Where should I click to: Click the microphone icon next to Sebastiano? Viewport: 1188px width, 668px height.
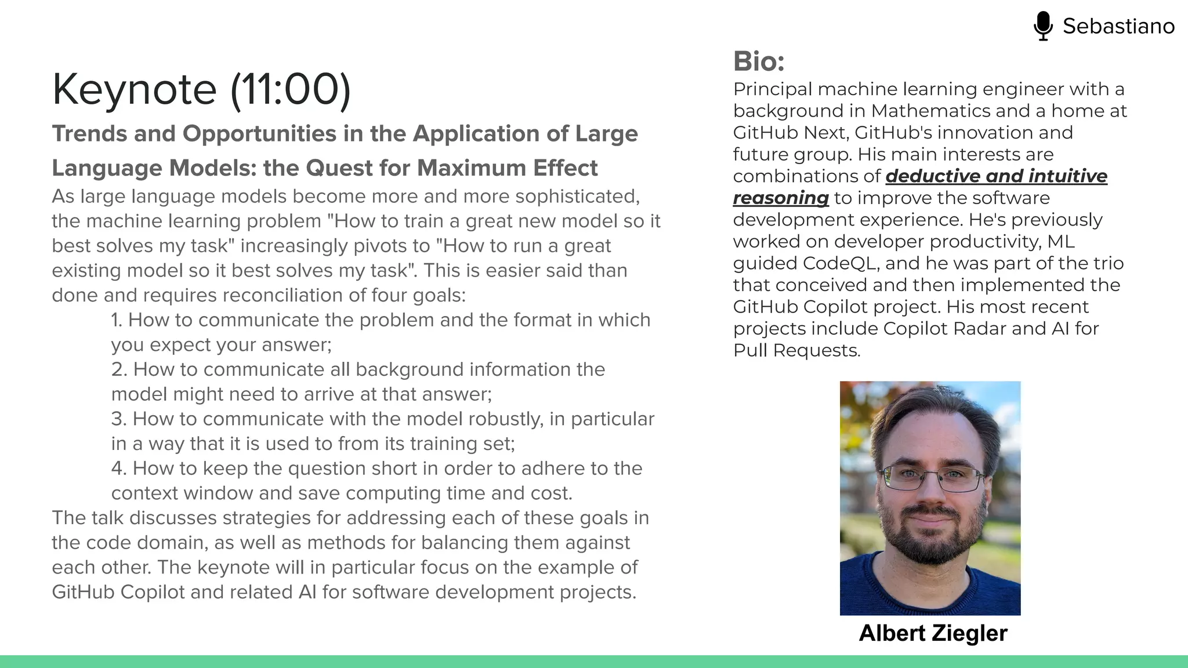click(1043, 26)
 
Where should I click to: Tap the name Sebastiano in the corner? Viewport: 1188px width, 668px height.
click(1118, 26)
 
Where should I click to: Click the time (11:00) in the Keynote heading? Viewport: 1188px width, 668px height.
click(291, 89)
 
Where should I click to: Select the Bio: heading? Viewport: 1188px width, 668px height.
click(759, 61)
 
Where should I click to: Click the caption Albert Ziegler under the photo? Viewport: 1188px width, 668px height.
click(933, 633)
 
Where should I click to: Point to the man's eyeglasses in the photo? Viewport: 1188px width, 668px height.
click(932, 478)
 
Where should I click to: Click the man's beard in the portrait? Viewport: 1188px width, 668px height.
click(928, 539)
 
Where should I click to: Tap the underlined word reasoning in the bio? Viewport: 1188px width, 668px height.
click(781, 198)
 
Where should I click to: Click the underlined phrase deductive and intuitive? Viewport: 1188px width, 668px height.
click(996, 176)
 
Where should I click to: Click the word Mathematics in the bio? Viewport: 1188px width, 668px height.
click(931, 111)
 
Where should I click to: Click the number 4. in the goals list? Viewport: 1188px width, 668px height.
click(119, 469)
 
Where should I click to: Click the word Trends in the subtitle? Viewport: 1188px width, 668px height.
click(89, 134)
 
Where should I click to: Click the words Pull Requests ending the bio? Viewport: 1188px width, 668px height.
click(796, 350)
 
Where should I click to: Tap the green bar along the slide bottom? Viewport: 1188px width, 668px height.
click(594, 662)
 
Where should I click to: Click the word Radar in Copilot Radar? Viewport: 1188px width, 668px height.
click(979, 329)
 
